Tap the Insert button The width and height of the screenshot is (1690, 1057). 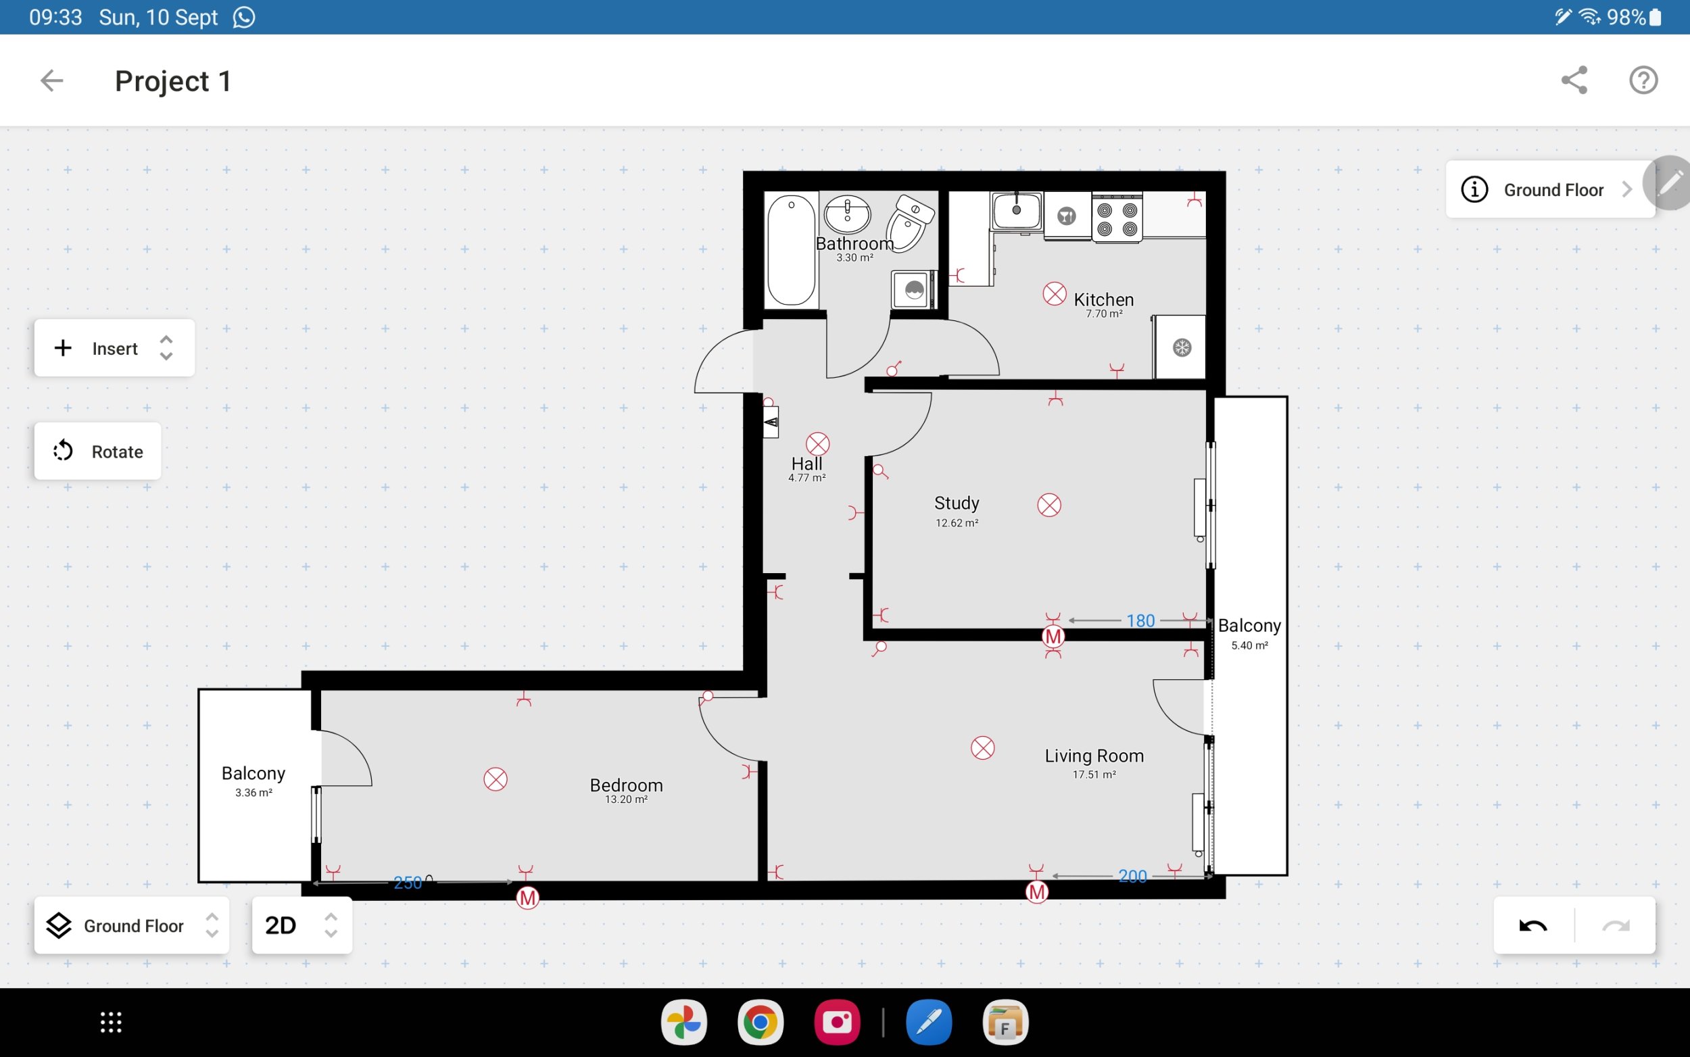pyautogui.click(x=114, y=348)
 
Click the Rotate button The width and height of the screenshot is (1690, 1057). pyautogui.click(x=98, y=451)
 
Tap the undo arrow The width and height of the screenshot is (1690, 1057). pyautogui.click(x=1533, y=926)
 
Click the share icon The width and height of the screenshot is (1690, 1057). pyautogui.click(x=1574, y=80)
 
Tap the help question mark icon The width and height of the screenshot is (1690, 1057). pyautogui.click(x=1643, y=80)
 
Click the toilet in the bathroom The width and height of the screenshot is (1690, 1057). pyautogui.click(x=911, y=222)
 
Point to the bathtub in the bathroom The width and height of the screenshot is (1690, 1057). pyautogui.click(x=791, y=249)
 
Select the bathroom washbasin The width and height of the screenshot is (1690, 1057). pyautogui.click(x=848, y=213)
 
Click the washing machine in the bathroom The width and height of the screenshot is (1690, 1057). pyautogui.click(x=914, y=289)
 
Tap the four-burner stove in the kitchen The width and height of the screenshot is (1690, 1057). pyautogui.click(x=1117, y=218)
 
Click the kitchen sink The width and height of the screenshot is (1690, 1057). pyautogui.click(x=1017, y=211)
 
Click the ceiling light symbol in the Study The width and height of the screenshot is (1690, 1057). pyautogui.click(x=1049, y=505)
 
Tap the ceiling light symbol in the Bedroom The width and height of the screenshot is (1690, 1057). pyautogui.click(x=496, y=779)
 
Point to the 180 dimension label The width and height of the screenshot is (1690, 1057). pyautogui.click(x=1140, y=621)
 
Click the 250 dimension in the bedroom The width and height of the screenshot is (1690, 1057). pyautogui.click(x=408, y=883)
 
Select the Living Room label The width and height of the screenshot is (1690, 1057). pyautogui.click(x=1094, y=756)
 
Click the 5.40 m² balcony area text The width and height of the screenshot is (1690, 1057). pyautogui.click(x=1249, y=645)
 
